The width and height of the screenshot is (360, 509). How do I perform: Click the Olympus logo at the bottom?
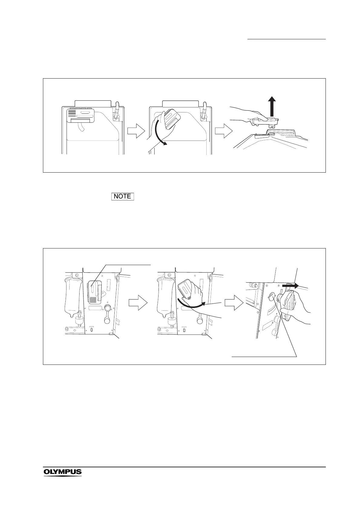[x=63, y=472]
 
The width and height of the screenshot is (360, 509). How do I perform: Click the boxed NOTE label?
[x=123, y=196]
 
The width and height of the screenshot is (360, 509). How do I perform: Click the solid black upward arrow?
[x=273, y=106]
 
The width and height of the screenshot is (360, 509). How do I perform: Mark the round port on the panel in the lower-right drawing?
[x=271, y=297]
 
